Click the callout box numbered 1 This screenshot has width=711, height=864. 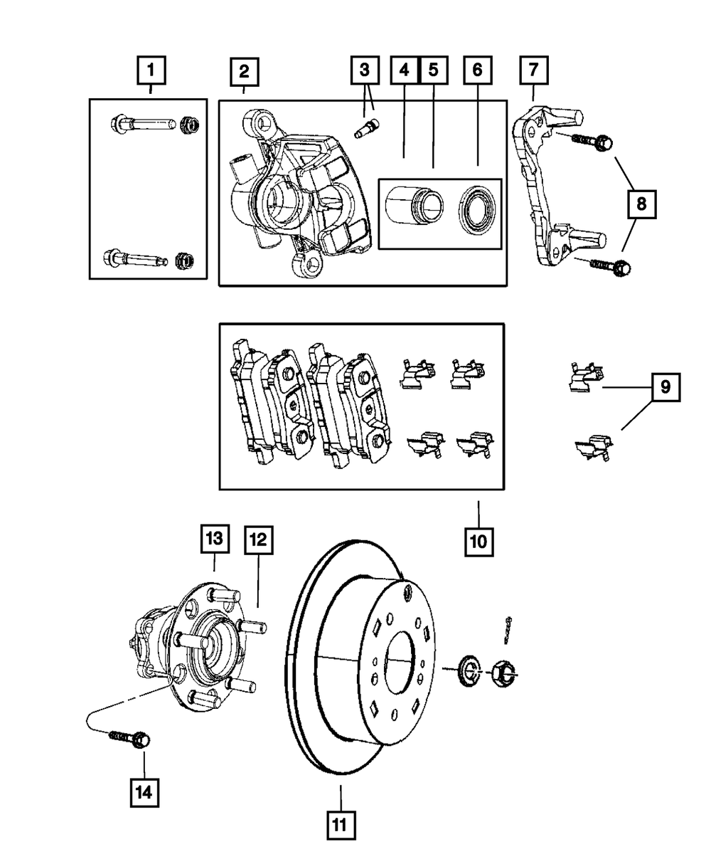pyautogui.click(x=150, y=72)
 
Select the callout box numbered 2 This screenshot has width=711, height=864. pyautogui.click(x=243, y=72)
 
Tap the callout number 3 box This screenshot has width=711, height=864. pyautogui.click(x=364, y=72)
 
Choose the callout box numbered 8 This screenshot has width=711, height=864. pyautogui.click(x=642, y=205)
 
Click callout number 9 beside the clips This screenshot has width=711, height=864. pyautogui.click(x=665, y=388)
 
